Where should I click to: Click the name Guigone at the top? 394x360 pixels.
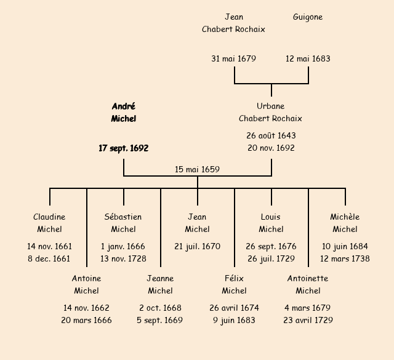[308, 17]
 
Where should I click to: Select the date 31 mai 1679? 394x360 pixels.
[234, 59]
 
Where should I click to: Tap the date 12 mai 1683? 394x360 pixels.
[308, 59]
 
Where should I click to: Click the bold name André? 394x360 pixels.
[124, 106]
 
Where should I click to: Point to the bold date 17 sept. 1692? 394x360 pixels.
[124, 148]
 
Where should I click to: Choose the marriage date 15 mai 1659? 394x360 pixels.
[197, 169]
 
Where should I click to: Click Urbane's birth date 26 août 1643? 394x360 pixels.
[271, 135]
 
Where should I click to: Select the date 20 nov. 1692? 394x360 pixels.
[271, 148]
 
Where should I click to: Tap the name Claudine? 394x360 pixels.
[49, 217]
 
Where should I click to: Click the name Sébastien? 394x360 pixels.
[123, 217]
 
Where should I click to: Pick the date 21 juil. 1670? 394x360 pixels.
[197, 246]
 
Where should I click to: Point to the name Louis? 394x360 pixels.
[271, 217]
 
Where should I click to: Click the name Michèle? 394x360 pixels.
[345, 217]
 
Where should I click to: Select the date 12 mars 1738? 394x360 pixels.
[345, 259]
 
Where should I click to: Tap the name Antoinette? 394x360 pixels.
[308, 278]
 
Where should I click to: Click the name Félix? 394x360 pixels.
[234, 278]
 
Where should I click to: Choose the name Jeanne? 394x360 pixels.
[160, 278]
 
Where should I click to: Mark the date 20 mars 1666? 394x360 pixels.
[86, 321]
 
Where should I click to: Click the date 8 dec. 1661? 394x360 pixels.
[49, 259]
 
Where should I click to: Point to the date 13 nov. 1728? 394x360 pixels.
[123, 259]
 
